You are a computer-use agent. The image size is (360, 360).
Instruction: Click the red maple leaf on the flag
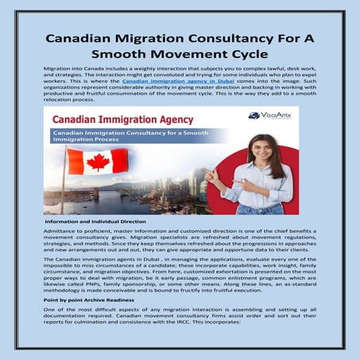coord(97,162)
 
